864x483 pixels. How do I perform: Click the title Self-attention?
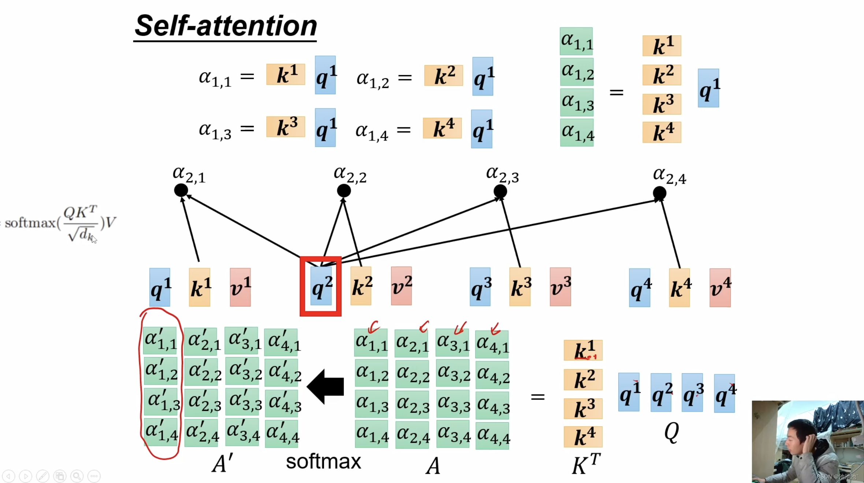click(x=226, y=26)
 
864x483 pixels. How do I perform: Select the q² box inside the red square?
click(x=321, y=286)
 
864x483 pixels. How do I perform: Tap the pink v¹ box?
click(x=240, y=287)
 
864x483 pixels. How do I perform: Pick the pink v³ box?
click(x=560, y=287)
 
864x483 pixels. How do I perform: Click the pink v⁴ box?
click(x=720, y=288)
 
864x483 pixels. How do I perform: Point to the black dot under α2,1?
click(x=181, y=190)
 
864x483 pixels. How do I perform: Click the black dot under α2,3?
click(x=500, y=191)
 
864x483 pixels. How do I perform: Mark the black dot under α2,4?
click(x=659, y=193)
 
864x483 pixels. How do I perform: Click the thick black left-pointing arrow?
click(x=325, y=386)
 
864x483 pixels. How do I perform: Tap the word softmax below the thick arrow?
click(x=323, y=461)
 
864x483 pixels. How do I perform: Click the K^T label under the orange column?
click(x=586, y=464)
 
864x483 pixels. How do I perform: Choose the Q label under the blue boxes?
click(x=671, y=432)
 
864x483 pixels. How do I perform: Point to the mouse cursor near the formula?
click(x=94, y=239)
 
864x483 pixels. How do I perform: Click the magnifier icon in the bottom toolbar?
click(x=77, y=476)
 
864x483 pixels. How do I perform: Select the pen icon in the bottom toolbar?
click(x=42, y=476)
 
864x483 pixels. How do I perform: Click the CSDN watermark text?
click(x=836, y=476)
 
